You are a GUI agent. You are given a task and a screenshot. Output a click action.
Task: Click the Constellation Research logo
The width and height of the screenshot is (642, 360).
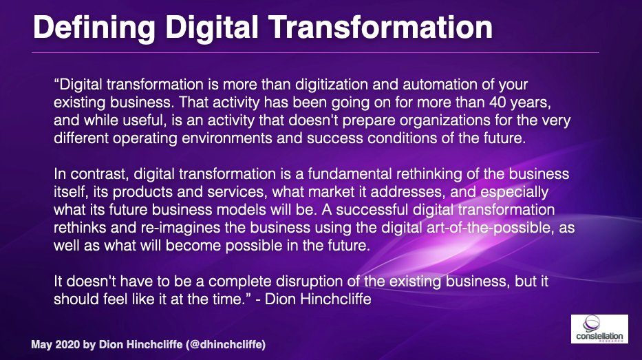[x=599, y=329]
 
